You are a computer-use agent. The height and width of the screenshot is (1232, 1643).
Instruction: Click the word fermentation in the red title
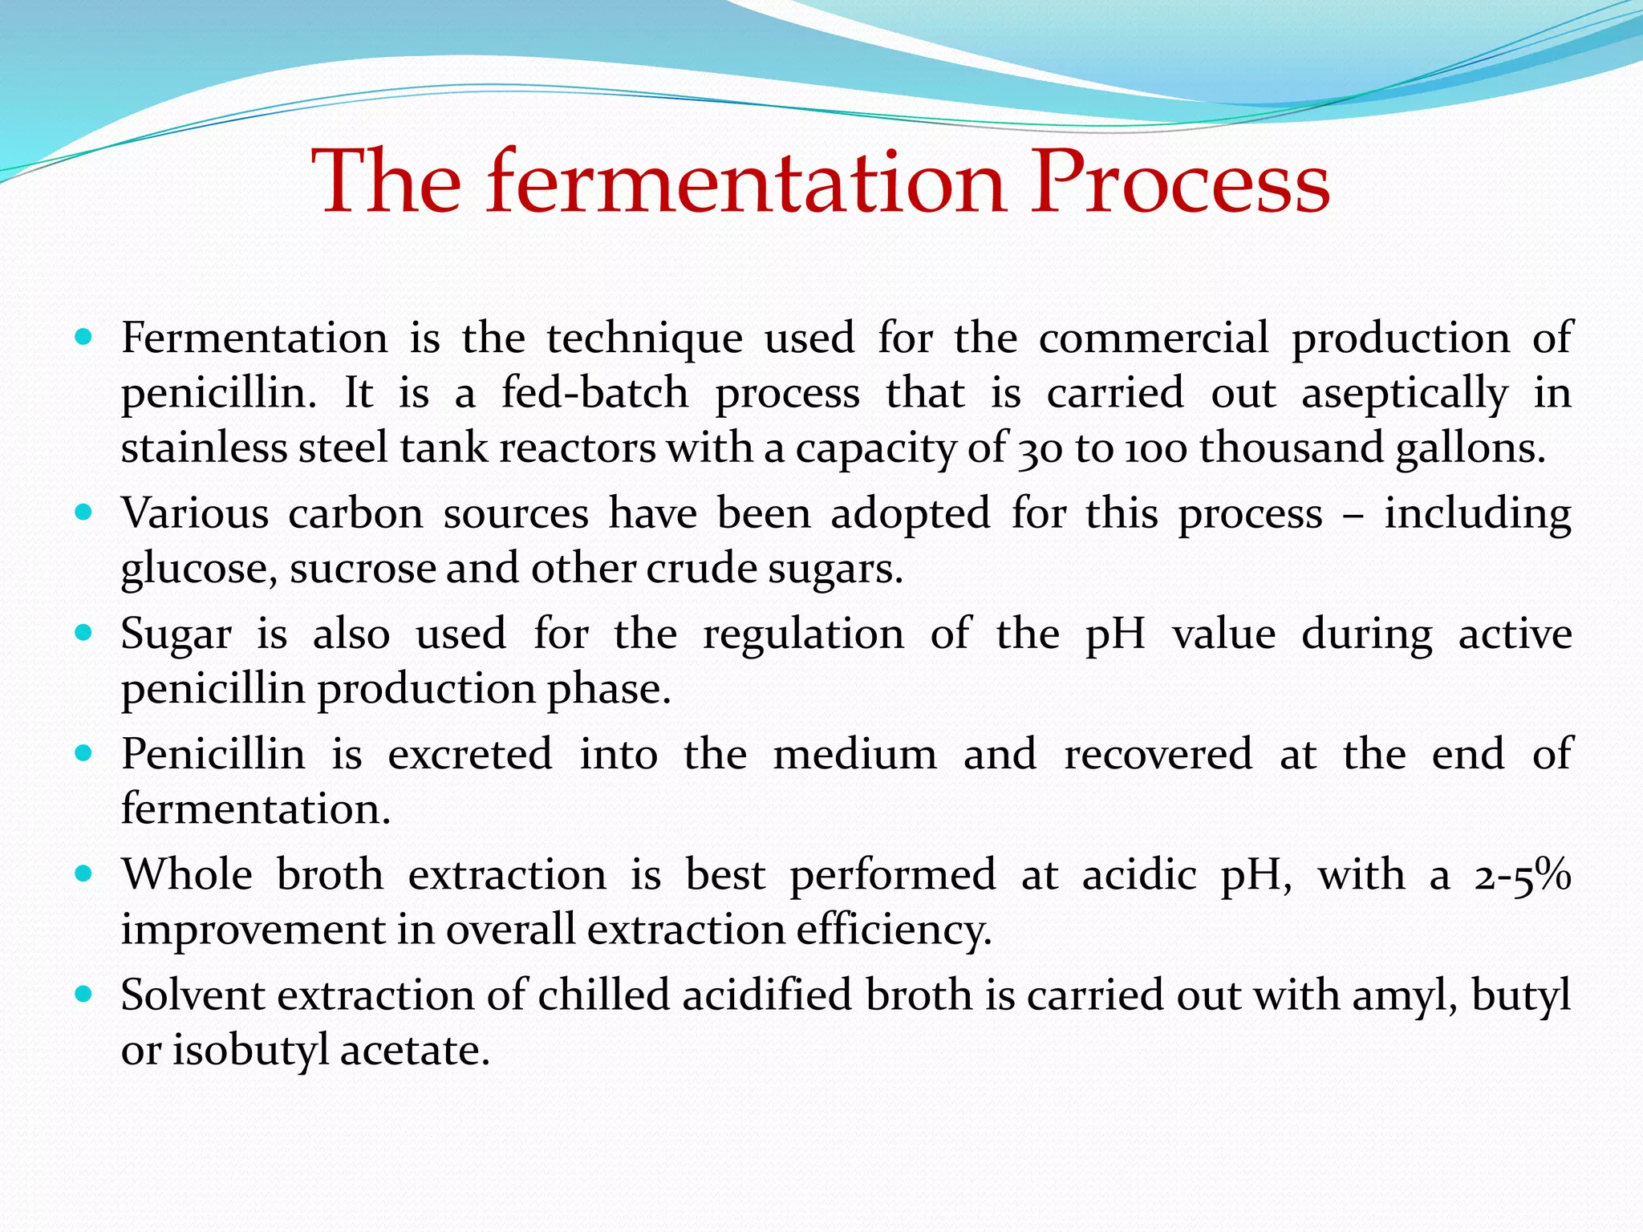(x=745, y=183)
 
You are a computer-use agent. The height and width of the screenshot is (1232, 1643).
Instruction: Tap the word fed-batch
(x=595, y=393)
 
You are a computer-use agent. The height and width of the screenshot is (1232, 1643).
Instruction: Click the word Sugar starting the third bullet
(x=176, y=634)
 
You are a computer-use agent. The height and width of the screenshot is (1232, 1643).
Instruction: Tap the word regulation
(x=803, y=634)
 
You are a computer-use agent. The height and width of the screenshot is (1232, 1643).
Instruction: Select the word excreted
(x=470, y=755)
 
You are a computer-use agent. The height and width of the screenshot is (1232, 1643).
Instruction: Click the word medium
(x=855, y=755)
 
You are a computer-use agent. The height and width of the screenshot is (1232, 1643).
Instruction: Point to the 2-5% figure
(x=1522, y=875)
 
